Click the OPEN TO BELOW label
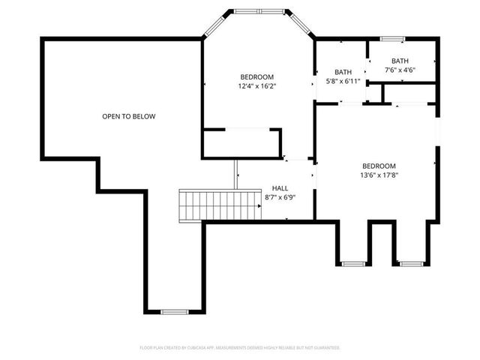129,116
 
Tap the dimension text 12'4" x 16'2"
256,86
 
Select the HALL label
280,188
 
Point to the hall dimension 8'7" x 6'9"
280,197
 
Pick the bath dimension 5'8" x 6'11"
343,80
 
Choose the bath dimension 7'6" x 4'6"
400,70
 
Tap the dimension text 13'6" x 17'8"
379,176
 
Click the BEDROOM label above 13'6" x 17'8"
379,166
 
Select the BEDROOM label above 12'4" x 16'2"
256,76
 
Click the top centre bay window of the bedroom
259,12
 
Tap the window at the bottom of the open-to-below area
174,311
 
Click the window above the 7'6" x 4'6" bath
392,38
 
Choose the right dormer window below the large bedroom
410,263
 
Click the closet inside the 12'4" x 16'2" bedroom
241,143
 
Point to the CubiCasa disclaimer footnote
240,348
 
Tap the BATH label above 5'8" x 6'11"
343,71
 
